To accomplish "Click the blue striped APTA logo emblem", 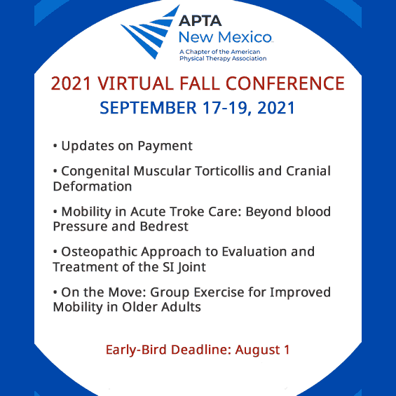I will tap(149, 31).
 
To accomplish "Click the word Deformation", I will tap(92, 186).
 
